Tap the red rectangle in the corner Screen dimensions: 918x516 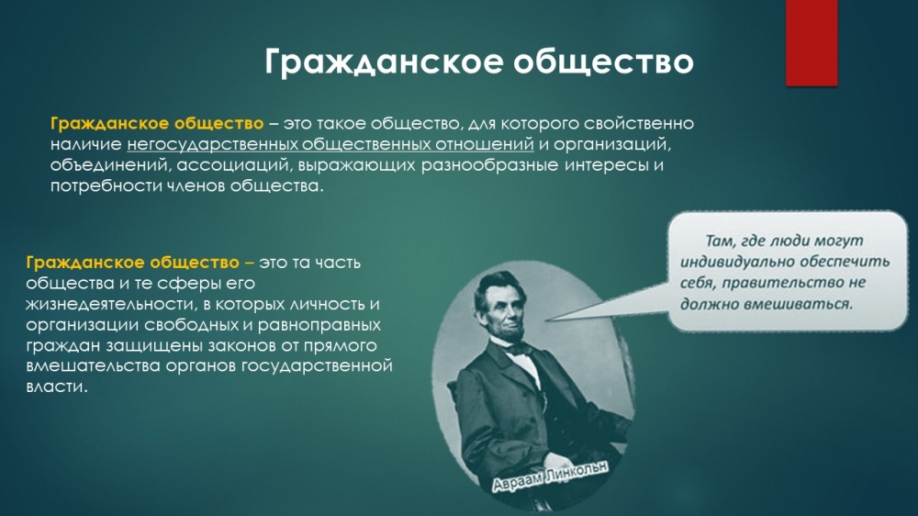[x=812, y=43]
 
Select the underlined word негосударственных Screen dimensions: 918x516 [x=213, y=145]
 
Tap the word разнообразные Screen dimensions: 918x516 [x=489, y=165]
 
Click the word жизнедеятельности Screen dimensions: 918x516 [x=110, y=305]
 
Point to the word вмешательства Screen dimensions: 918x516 [x=93, y=366]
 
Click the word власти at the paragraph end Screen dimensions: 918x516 [x=56, y=387]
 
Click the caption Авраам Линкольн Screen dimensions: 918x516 [x=550, y=476]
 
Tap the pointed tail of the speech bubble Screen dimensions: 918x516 [x=547, y=320]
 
